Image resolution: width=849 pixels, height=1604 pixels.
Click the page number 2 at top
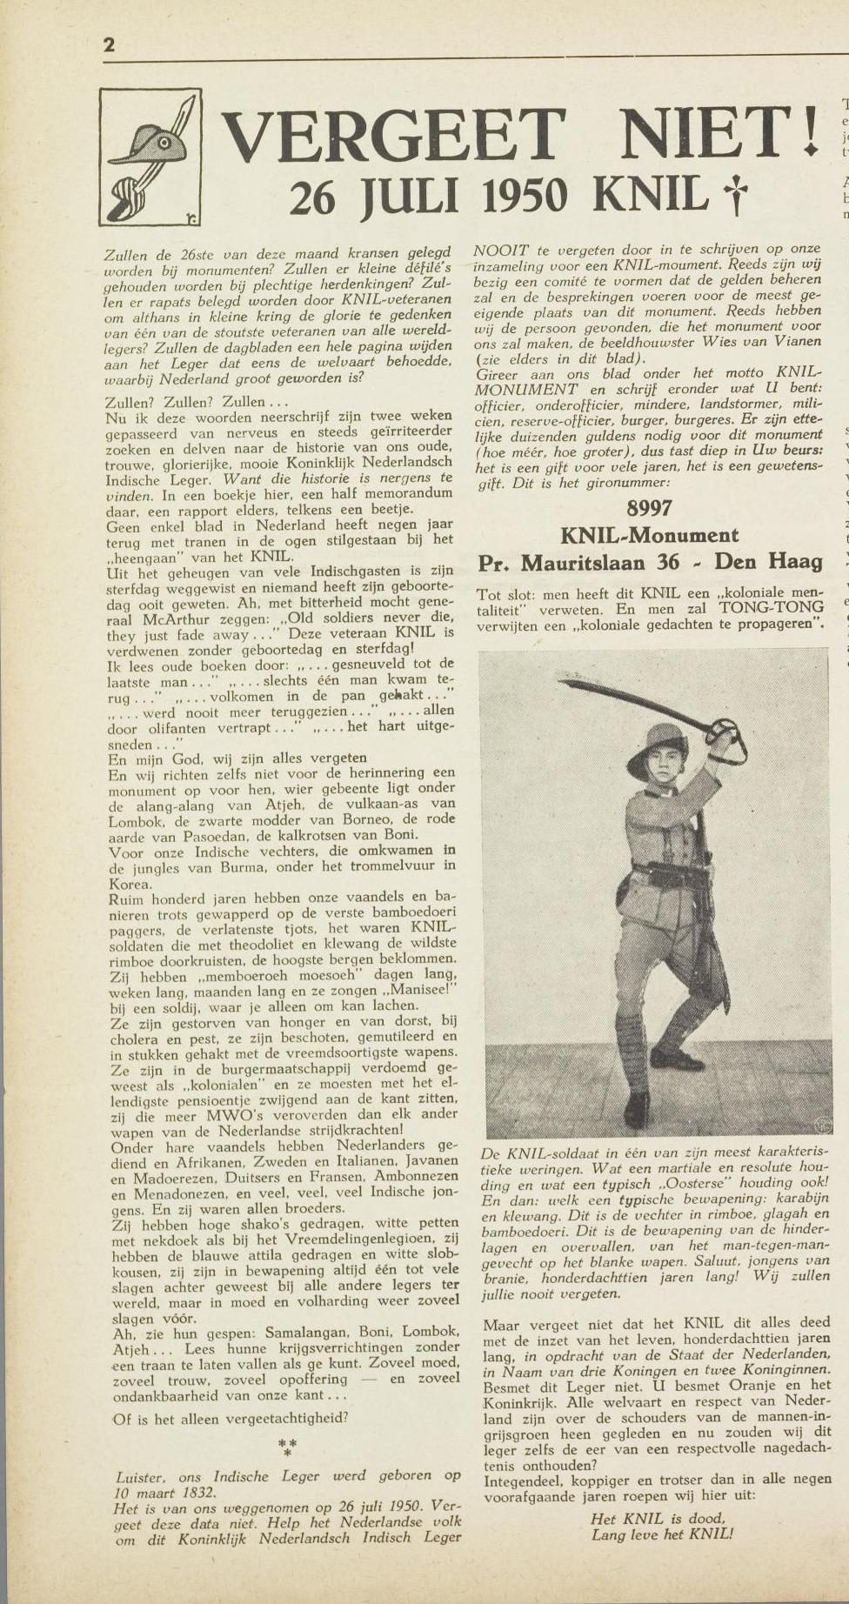(x=109, y=45)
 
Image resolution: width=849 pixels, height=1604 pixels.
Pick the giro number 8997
(x=649, y=508)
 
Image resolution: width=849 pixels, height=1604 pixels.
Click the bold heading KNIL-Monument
(x=649, y=535)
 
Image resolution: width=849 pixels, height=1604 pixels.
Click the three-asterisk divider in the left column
(x=287, y=1447)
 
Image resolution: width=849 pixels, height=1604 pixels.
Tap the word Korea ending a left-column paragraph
(x=130, y=884)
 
